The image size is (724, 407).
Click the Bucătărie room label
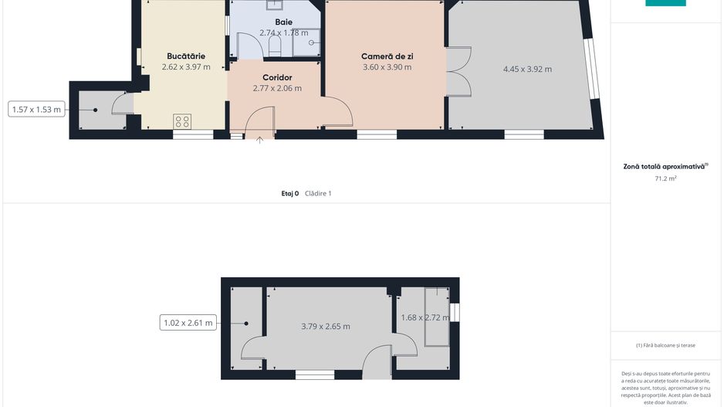(186, 56)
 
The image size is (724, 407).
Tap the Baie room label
(283, 22)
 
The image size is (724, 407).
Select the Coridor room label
(277, 77)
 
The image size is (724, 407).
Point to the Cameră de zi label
(387, 56)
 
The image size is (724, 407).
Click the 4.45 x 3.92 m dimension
(527, 70)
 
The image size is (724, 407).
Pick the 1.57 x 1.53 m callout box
(36, 110)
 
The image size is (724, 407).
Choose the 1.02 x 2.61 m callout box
(188, 323)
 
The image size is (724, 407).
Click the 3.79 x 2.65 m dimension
(326, 326)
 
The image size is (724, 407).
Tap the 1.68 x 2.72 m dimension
(425, 317)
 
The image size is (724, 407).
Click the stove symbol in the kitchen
(182, 121)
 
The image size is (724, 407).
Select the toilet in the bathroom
(274, 46)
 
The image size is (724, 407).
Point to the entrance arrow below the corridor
(259, 140)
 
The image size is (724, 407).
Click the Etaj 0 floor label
(290, 194)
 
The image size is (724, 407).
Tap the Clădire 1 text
(318, 194)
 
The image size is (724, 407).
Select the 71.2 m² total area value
(665, 178)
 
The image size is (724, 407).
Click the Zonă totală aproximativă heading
(665, 166)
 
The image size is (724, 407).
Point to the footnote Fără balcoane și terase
(665, 345)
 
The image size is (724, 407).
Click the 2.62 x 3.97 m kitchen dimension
(186, 67)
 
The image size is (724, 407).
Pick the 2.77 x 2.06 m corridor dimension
(277, 88)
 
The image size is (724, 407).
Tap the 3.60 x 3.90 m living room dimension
(387, 67)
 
